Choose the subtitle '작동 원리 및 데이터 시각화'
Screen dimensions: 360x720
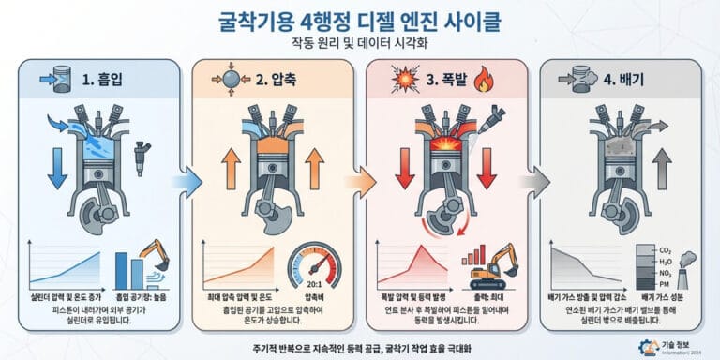point(360,42)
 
